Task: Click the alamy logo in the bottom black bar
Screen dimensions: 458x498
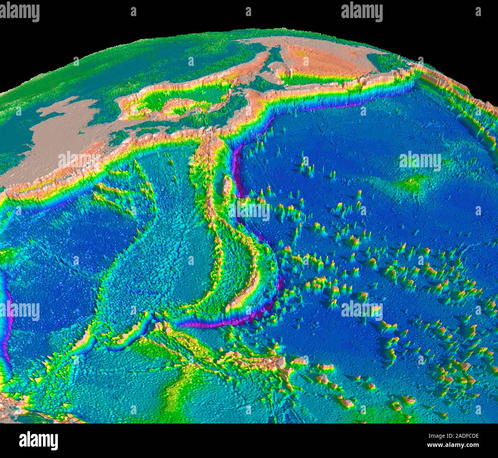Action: point(38,440)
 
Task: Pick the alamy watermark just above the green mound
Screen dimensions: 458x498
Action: point(420,161)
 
